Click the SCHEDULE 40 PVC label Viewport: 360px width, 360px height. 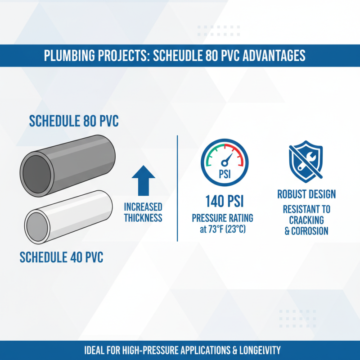pos(62,257)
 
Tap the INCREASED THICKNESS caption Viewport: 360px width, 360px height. pos(144,212)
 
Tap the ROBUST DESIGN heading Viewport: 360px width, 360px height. pos(306,194)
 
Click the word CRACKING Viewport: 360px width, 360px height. pos(306,220)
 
